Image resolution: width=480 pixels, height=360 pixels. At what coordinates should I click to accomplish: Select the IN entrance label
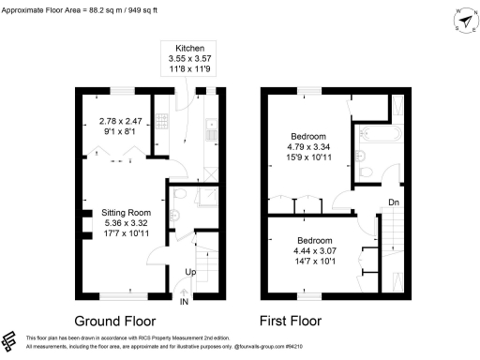[x=184, y=302]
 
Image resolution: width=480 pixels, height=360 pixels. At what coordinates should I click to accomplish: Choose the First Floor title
[x=291, y=321]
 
